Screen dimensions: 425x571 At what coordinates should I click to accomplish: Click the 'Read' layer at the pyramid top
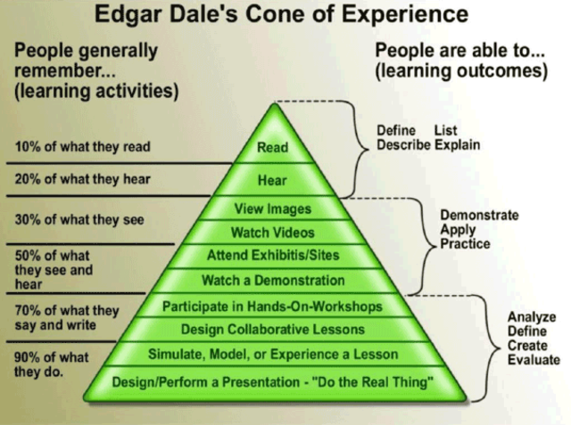pyautogui.click(x=272, y=148)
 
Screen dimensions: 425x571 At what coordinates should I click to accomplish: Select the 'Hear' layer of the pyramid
pyautogui.click(x=272, y=179)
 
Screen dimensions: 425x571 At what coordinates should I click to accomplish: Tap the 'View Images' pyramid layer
pyautogui.click(x=272, y=209)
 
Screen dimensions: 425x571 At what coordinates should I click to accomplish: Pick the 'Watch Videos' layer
pyautogui.click(x=272, y=233)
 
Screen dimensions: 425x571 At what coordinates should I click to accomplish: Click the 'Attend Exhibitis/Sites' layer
pyautogui.click(x=272, y=256)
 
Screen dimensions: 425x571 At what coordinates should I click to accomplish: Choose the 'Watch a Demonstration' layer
pyautogui.click(x=272, y=280)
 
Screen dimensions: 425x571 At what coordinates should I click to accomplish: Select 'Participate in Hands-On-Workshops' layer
pyautogui.click(x=272, y=306)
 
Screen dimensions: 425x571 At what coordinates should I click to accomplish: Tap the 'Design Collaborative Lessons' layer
pyautogui.click(x=272, y=330)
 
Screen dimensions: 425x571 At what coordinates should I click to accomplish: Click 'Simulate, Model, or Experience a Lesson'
pyautogui.click(x=272, y=354)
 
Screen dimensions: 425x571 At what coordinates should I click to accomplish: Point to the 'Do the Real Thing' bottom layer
pyautogui.click(x=272, y=382)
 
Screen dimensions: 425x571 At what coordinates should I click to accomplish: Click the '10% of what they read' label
pyautogui.click(x=82, y=147)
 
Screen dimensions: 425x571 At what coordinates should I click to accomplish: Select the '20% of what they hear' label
pyautogui.click(x=82, y=179)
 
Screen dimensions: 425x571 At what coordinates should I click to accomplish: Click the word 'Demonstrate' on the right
pyautogui.click(x=479, y=216)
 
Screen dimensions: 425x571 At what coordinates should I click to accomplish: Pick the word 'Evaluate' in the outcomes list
pyautogui.click(x=534, y=360)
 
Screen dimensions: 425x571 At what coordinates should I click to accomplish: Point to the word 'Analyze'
pyautogui.click(x=532, y=316)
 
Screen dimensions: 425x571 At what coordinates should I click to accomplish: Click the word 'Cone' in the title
pyautogui.click(x=268, y=15)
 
